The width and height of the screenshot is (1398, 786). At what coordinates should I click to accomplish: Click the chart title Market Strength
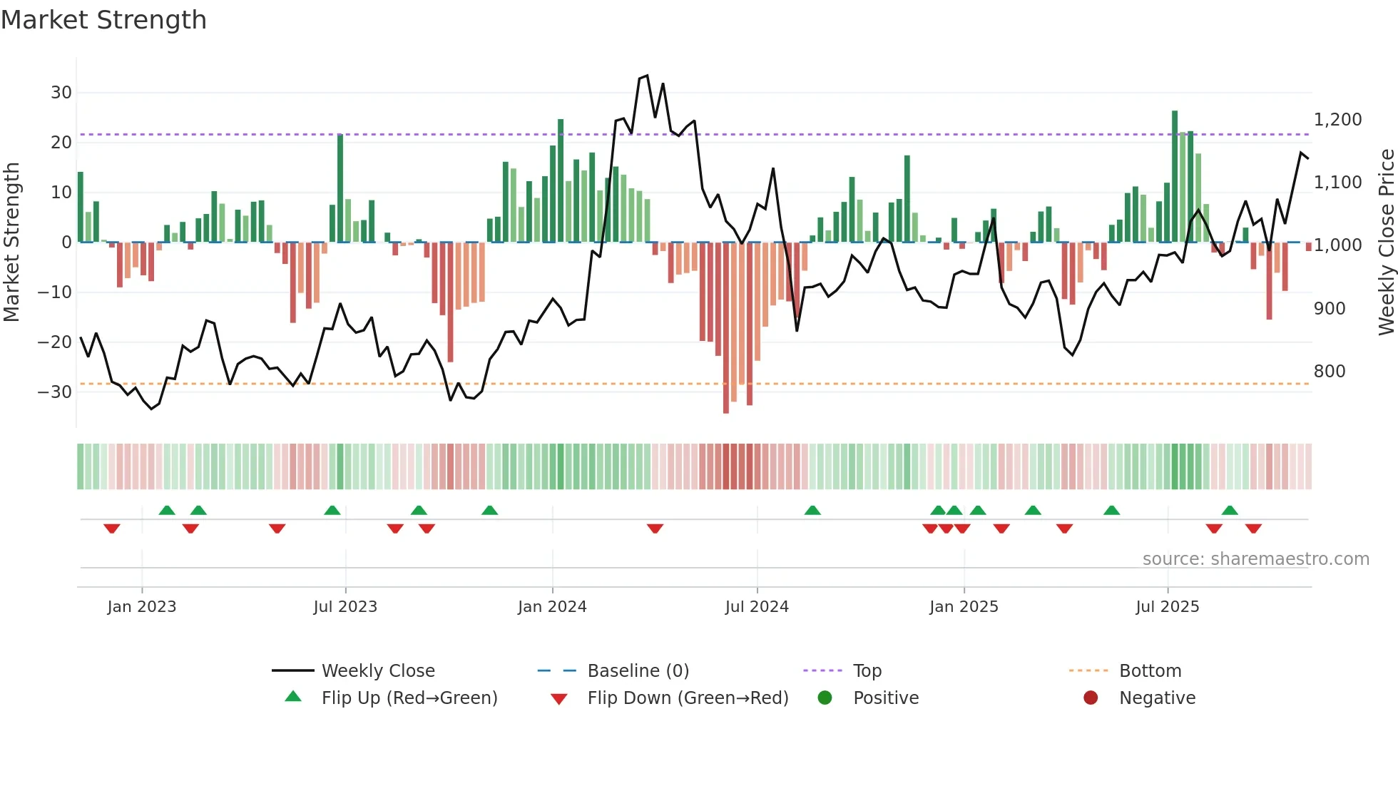[x=103, y=20]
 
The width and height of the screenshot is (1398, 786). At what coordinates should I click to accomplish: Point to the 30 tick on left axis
[x=61, y=93]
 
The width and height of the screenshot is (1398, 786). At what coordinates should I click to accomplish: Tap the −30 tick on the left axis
[x=55, y=392]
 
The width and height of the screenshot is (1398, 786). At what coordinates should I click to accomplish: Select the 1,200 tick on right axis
[x=1337, y=120]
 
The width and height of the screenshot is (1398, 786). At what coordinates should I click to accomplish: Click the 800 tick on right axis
[x=1330, y=372]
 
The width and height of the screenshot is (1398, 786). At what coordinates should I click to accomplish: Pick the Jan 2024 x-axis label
[x=552, y=607]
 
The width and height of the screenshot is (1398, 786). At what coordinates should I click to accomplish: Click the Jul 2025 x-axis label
[x=1168, y=607]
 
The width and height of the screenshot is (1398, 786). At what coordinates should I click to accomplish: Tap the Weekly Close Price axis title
[x=1386, y=243]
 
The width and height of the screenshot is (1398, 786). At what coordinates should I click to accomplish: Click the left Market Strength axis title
[x=12, y=243]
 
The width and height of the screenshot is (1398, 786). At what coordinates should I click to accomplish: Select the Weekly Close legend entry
[x=378, y=671]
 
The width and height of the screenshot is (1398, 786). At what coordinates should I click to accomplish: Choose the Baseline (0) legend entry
[x=638, y=671]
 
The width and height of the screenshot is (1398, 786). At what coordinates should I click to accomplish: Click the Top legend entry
[x=867, y=671]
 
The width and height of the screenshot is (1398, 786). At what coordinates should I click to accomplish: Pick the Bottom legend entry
[x=1150, y=671]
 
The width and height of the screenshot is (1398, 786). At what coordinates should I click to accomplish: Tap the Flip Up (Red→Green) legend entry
[x=409, y=698]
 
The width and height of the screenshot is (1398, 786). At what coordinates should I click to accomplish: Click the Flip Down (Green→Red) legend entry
[x=688, y=698]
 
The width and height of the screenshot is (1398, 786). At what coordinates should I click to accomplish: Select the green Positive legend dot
[x=825, y=698]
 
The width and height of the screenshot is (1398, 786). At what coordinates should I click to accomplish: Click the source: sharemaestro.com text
[x=1255, y=559]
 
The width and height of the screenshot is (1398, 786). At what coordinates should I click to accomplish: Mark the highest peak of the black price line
[x=647, y=76]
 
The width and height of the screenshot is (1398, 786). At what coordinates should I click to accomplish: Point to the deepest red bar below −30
[x=726, y=328]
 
